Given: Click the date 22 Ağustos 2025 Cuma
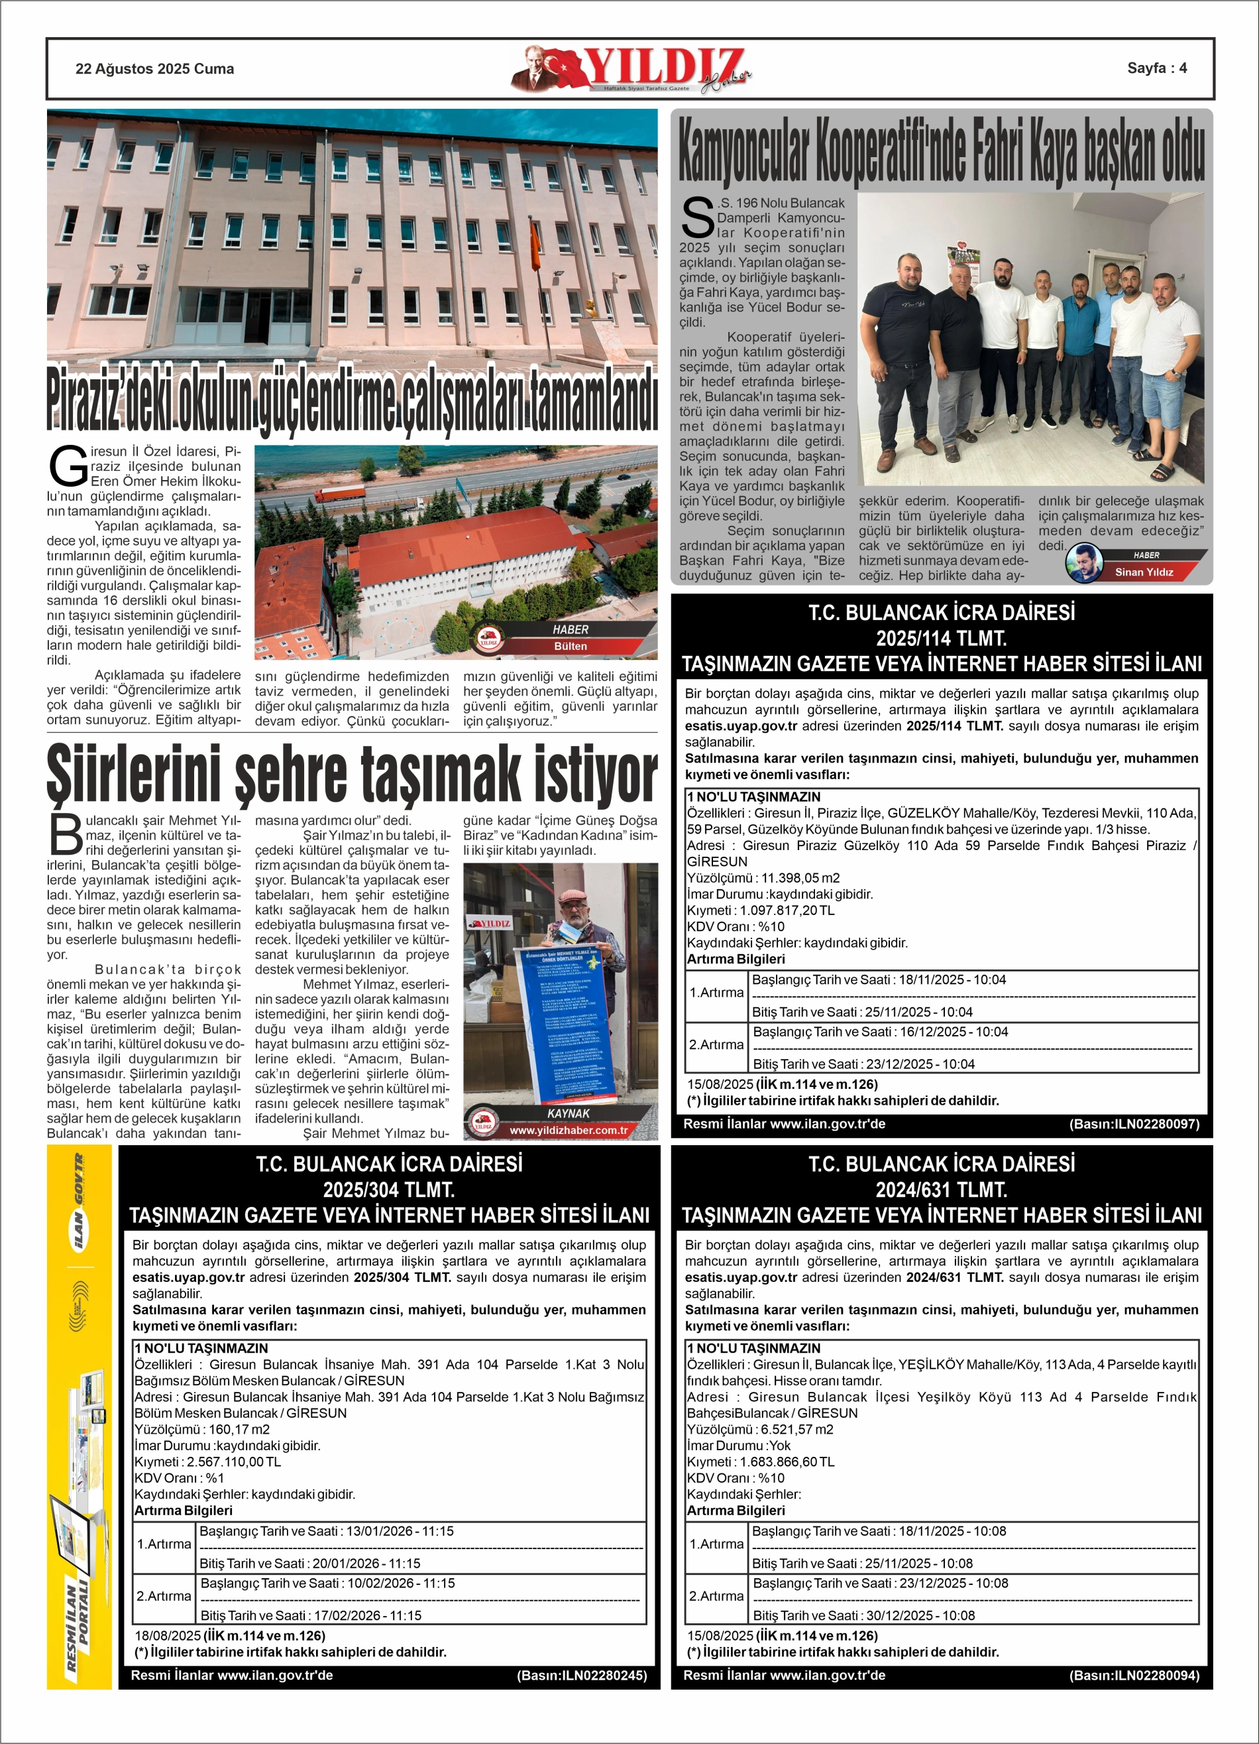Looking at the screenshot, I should [x=154, y=69].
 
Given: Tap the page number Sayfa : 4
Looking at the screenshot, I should [x=1156, y=68].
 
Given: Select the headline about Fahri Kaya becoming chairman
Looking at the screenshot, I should [x=941, y=150].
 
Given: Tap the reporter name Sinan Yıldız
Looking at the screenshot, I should [x=1144, y=572].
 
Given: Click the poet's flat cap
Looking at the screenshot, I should [x=575, y=896].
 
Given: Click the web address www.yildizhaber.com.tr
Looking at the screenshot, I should [x=568, y=1131].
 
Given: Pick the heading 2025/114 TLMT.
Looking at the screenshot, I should [x=941, y=638].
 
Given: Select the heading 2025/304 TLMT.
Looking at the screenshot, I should [x=389, y=1190].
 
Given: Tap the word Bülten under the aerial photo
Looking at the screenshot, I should [x=570, y=646].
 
